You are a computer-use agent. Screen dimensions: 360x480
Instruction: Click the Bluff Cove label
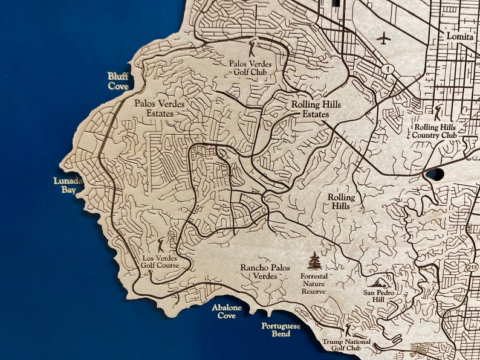pos(118,80)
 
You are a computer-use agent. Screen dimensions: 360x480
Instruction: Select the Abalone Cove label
pos(227,312)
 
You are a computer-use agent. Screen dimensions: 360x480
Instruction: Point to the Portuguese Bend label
pos(281,330)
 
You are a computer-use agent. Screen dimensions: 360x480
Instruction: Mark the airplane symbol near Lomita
pos(383,38)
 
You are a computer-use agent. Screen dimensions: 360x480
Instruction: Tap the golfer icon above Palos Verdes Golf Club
pos(253,48)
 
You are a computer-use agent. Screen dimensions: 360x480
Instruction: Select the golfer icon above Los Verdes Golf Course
pos(161,245)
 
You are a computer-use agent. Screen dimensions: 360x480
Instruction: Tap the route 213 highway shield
pos(471,266)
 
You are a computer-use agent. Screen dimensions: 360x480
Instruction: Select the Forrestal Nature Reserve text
pos(313,283)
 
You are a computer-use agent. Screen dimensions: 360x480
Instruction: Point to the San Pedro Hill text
pos(378,296)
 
